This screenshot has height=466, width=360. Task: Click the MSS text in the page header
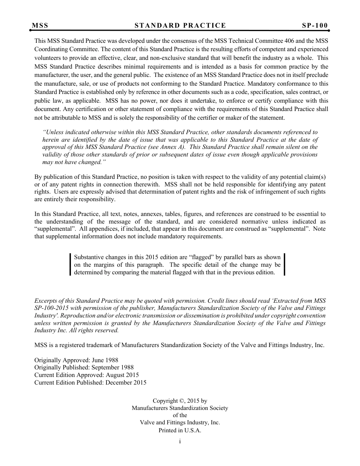(x=40, y=26)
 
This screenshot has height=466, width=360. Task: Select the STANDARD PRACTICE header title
(x=180, y=26)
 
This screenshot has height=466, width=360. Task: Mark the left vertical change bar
(x=70, y=264)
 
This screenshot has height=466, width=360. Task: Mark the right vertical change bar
(x=284, y=264)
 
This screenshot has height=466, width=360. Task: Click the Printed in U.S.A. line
(x=180, y=430)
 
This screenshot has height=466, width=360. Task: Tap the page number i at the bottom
(x=180, y=441)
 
